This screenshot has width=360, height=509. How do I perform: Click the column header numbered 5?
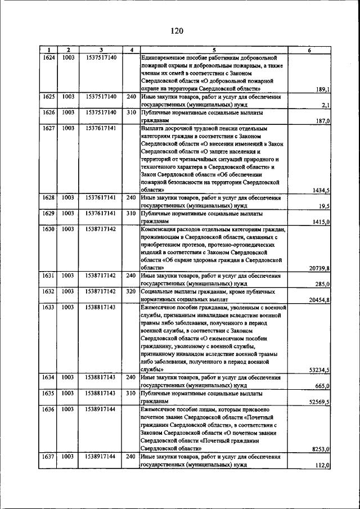214,50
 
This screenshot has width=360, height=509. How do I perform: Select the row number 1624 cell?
48,57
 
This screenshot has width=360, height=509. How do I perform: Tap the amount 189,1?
322,89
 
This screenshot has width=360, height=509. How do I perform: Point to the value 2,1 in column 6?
325,105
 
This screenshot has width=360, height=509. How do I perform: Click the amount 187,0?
322,120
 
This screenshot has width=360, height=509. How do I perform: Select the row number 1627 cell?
48,128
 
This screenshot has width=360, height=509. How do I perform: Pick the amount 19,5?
323,206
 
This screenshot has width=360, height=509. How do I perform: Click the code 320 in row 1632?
131,292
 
